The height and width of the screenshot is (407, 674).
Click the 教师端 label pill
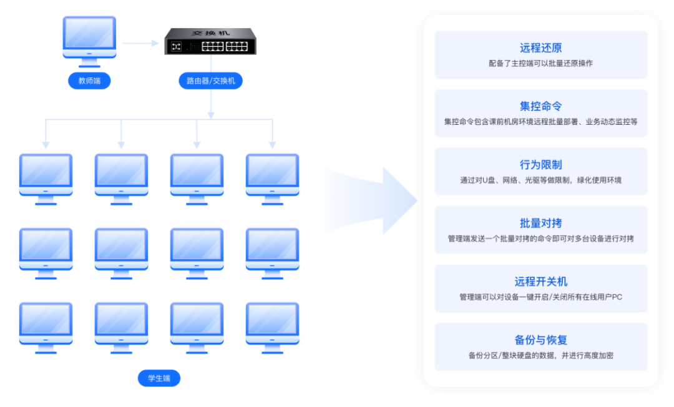(89, 81)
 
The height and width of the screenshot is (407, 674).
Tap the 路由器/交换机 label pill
(211, 81)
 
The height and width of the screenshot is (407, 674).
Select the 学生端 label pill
(159, 378)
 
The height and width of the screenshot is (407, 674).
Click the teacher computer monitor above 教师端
(89, 39)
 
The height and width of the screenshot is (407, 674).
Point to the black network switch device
(210, 41)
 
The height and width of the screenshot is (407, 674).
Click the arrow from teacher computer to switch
(140, 43)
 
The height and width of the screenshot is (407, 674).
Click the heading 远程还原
(540, 48)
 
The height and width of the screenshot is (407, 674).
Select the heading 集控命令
(540, 106)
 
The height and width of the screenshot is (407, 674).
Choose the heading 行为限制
(540, 165)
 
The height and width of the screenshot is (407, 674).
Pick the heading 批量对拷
(540, 223)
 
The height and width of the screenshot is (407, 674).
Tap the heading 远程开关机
(540, 282)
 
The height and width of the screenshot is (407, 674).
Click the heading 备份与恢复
(540, 340)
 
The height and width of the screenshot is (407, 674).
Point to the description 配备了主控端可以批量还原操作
(540, 64)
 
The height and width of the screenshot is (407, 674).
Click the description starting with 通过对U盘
(540, 180)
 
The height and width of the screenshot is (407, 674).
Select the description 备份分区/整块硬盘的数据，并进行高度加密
(540, 356)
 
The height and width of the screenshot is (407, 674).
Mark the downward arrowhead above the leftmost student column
(46, 145)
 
